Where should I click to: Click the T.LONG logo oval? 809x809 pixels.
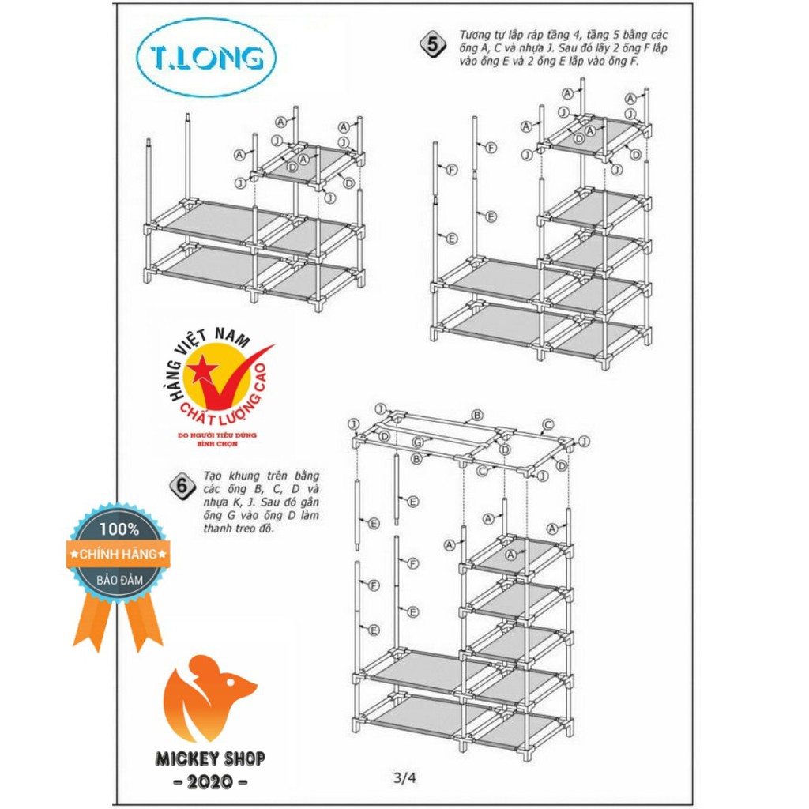[x=206, y=58]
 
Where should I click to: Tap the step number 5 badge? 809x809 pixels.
[x=431, y=45]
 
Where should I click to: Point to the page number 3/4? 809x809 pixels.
[x=404, y=777]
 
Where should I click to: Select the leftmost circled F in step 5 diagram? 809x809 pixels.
[x=452, y=170]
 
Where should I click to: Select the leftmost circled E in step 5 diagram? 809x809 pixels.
[x=452, y=239]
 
